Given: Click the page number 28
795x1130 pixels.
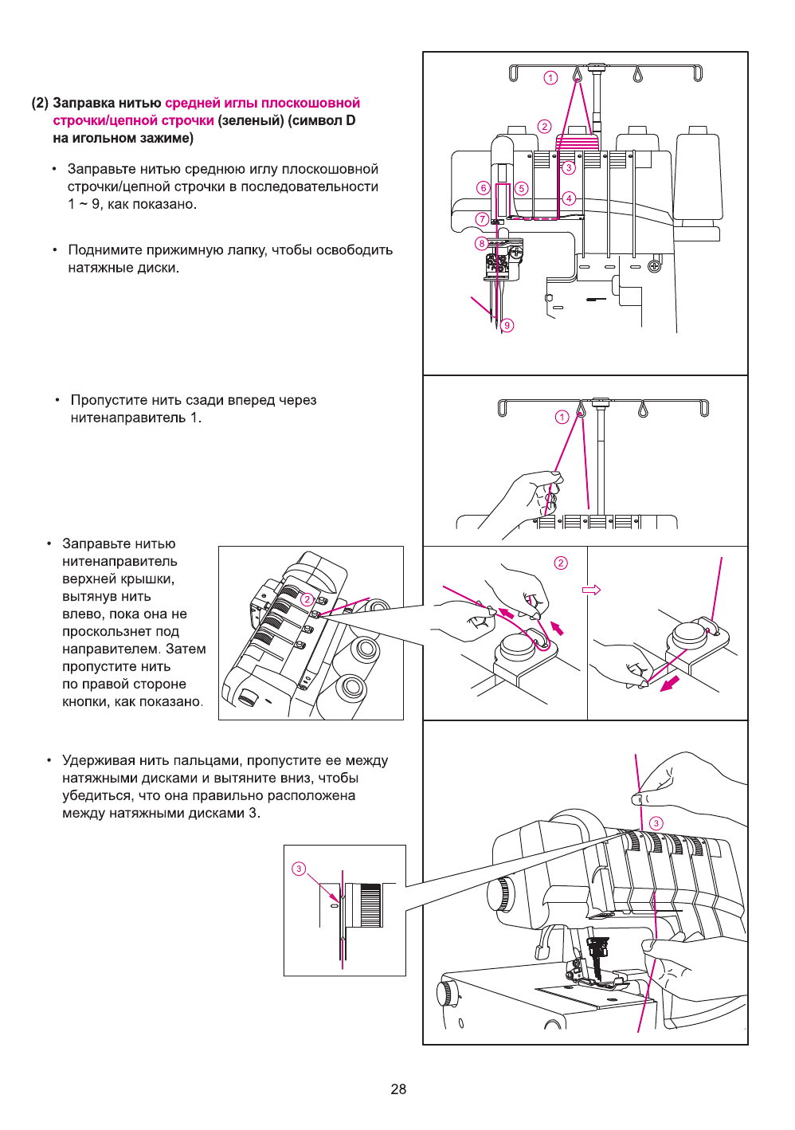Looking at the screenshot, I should (398, 1089).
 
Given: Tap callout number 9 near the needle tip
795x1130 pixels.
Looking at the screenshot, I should (507, 325).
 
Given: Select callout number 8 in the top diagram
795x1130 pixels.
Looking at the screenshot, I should (481, 243).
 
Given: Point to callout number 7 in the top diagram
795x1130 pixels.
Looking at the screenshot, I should (482, 219).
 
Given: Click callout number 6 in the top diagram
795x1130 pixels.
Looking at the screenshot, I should (483, 188).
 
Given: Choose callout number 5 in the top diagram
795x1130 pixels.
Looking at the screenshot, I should (521, 189).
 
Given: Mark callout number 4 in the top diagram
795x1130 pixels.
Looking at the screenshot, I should (569, 198).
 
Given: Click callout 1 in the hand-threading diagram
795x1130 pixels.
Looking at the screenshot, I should (562, 417).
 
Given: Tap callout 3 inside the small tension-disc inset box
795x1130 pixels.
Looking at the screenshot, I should (299, 869).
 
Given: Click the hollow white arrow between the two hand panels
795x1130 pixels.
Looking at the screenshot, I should (591, 590).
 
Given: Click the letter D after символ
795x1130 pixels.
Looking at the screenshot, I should (351, 120).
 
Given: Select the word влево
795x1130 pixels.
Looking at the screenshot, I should (81, 614).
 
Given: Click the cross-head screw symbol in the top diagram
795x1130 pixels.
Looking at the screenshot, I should (654, 266).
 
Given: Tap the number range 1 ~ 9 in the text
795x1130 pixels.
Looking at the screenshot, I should (84, 204).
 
